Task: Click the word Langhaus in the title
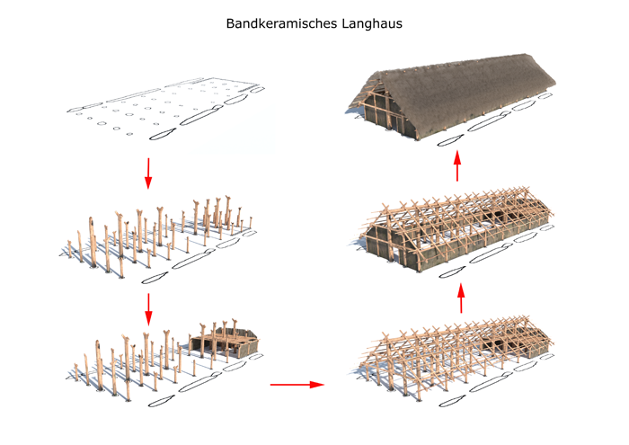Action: point(372,23)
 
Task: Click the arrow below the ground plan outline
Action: point(148,174)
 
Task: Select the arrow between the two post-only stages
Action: point(148,309)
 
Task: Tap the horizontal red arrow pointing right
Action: point(297,385)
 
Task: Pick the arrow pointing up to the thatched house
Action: point(457,165)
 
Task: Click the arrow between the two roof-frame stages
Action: point(461,298)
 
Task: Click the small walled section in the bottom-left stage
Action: point(225,342)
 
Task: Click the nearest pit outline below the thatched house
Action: point(450,140)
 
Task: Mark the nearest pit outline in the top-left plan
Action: point(163,134)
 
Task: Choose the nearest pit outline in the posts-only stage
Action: point(155,277)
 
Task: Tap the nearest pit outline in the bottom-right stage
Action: point(453,401)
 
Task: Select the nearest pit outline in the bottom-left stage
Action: point(162,401)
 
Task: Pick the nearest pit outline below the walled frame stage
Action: point(453,272)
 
